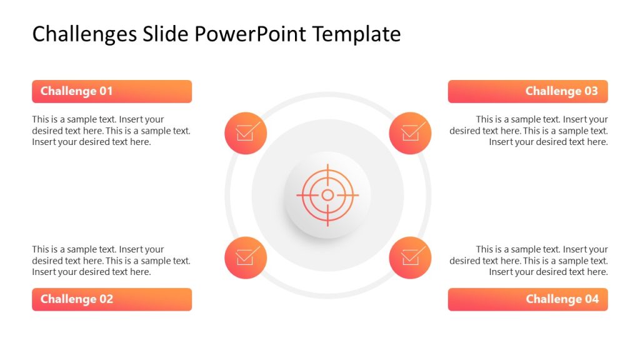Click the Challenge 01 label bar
[x=112, y=91]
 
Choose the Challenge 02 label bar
[x=112, y=299]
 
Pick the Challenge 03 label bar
[x=527, y=91]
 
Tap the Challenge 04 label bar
[x=527, y=299]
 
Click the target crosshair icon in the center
[x=327, y=195]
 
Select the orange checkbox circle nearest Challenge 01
[x=246, y=133]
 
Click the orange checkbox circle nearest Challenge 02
[x=246, y=257]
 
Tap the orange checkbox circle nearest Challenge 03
[x=410, y=133]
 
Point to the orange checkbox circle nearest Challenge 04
[x=410, y=257]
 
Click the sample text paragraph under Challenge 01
[x=111, y=131]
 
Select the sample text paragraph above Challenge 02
[x=111, y=261]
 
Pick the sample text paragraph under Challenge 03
[x=529, y=131]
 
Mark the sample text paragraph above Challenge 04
[x=529, y=261]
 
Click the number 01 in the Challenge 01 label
[x=105, y=91]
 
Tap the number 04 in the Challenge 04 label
[x=591, y=299]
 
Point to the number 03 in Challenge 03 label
[x=591, y=91]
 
